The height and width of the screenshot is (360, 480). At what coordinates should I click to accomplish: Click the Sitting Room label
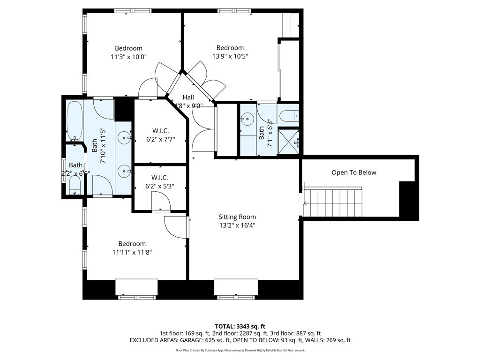237,217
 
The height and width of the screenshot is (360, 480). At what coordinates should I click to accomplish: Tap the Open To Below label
354,172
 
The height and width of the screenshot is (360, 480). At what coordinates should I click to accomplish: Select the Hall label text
188,97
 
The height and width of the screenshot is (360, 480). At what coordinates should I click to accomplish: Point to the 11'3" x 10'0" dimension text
129,57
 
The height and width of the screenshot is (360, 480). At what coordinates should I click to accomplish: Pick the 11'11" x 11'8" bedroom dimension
132,252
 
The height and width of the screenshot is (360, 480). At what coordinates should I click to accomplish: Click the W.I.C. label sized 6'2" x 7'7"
160,130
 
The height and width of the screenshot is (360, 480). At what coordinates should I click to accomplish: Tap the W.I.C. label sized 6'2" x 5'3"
160,178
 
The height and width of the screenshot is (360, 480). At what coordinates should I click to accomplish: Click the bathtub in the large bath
75,121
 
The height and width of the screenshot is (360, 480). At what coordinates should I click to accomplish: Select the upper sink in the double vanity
124,137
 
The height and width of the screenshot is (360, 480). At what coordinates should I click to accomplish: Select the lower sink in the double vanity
124,171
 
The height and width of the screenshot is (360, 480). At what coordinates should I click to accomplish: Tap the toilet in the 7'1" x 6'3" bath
288,115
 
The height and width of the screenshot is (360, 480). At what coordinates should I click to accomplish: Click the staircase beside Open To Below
334,202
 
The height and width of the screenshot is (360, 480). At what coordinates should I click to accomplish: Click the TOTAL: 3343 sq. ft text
240,326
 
